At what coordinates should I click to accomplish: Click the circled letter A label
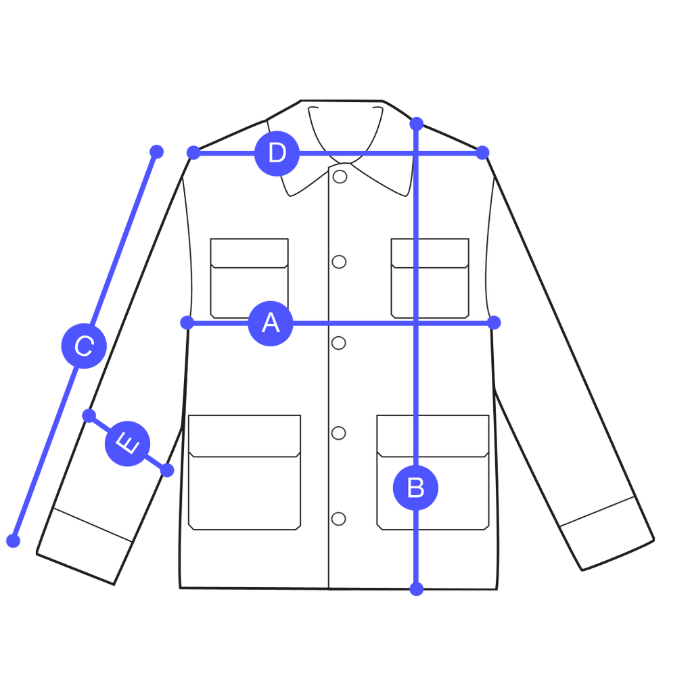pos(271,323)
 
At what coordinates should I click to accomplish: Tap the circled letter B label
pos(415,488)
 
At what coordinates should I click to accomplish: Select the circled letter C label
pos(83,346)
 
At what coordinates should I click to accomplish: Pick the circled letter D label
pos(277,154)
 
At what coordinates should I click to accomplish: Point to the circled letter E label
pos(127,444)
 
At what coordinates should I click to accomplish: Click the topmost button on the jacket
pos(340,177)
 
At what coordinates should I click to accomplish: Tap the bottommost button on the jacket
pos(340,519)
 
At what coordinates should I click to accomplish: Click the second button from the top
pos(340,262)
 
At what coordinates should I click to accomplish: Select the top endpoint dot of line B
pos(416,124)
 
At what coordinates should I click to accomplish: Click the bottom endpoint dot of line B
pos(417,588)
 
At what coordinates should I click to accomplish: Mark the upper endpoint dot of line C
pos(156,151)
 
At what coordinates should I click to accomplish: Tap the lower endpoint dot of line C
pos(13,540)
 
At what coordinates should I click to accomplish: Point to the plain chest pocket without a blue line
pos(249,277)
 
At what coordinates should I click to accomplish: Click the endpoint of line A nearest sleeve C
pos(187,323)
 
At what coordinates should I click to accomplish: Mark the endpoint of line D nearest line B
pos(482,153)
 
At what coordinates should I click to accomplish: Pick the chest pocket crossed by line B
pos(431,277)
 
